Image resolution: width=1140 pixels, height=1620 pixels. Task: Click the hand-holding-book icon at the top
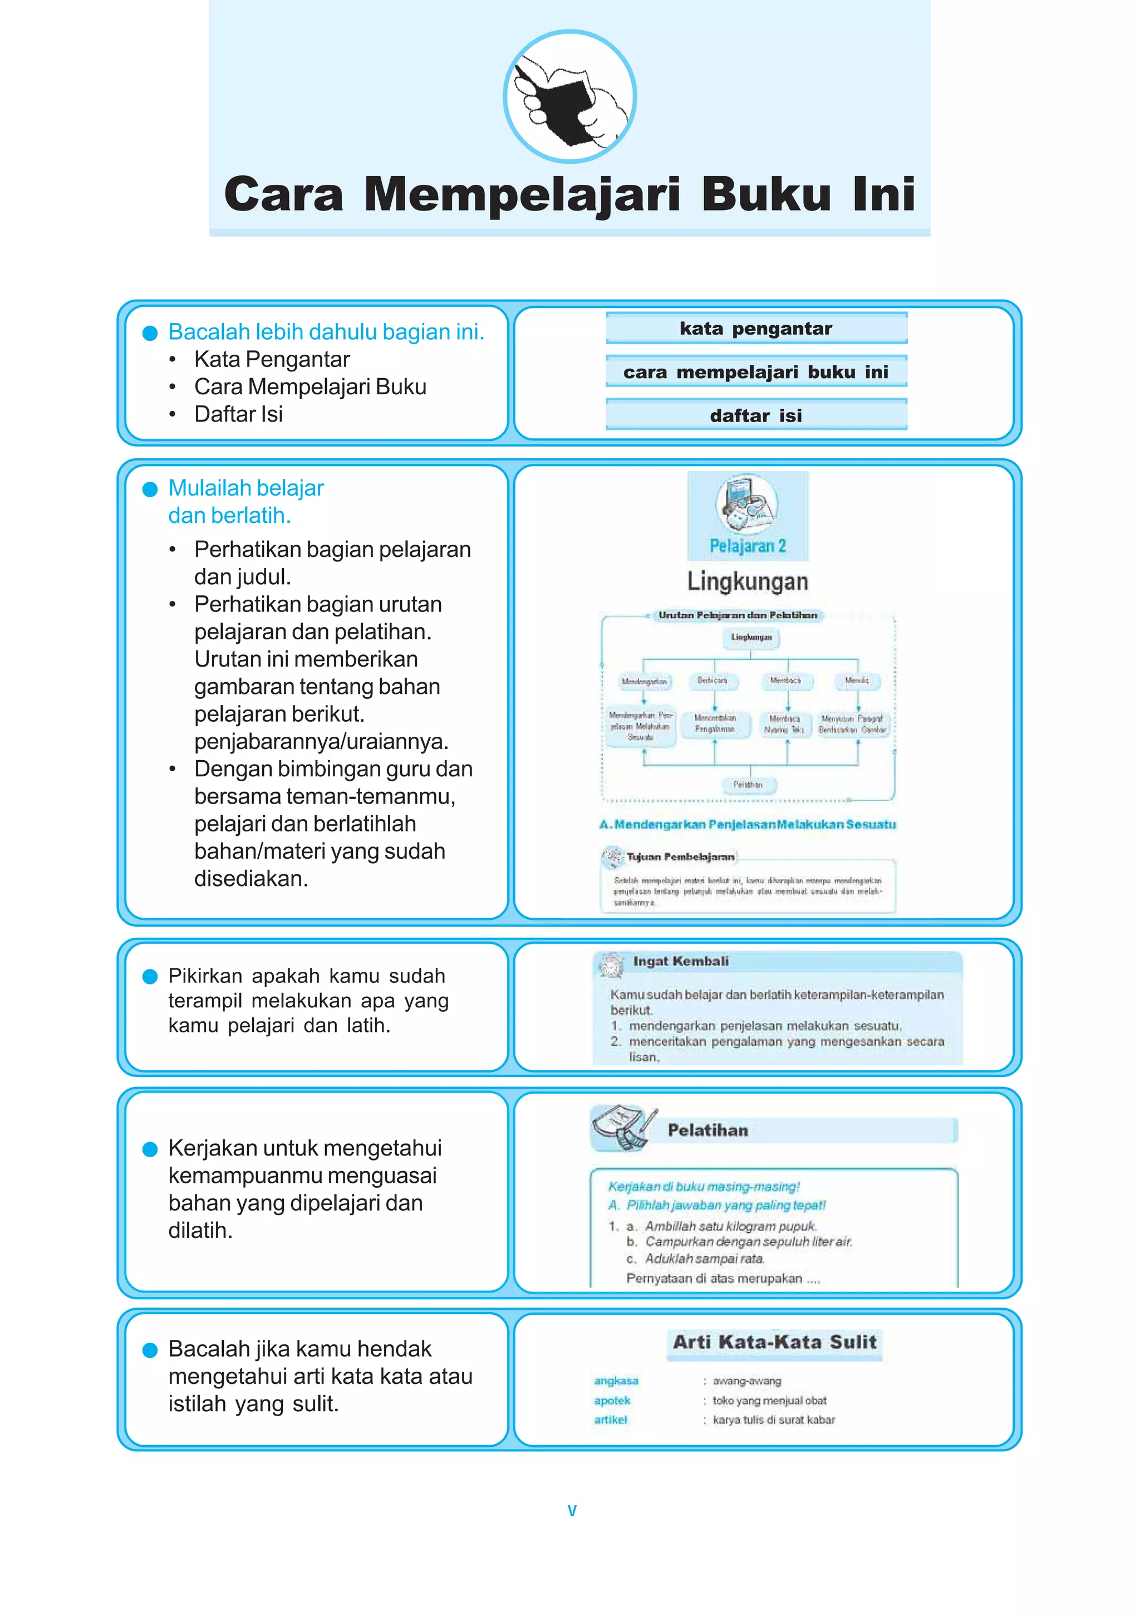click(x=569, y=97)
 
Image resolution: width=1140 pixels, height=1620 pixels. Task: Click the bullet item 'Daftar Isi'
click(x=238, y=414)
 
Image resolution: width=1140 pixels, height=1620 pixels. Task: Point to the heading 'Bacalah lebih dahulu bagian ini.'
click(x=326, y=331)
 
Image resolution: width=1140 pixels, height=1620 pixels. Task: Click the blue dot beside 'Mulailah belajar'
click(x=150, y=489)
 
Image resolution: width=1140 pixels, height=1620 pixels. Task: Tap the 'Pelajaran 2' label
click(x=747, y=545)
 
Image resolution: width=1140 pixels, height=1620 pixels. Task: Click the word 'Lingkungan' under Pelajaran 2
click(x=747, y=581)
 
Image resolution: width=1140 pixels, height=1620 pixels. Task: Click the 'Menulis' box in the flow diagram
click(x=857, y=681)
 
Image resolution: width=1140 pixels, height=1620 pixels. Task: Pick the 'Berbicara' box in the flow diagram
click(x=712, y=681)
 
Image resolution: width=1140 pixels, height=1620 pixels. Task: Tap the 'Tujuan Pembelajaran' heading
click(x=680, y=857)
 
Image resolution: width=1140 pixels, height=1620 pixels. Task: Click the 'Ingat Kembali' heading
click(x=680, y=961)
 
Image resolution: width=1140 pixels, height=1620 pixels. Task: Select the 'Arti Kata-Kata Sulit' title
click(x=775, y=1342)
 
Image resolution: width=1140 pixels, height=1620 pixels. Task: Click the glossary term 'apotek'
click(x=612, y=1401)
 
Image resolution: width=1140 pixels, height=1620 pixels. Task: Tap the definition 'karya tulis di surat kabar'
click(x=773, y=1420)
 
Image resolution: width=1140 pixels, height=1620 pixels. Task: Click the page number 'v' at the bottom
click(x=572, y=1511)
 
